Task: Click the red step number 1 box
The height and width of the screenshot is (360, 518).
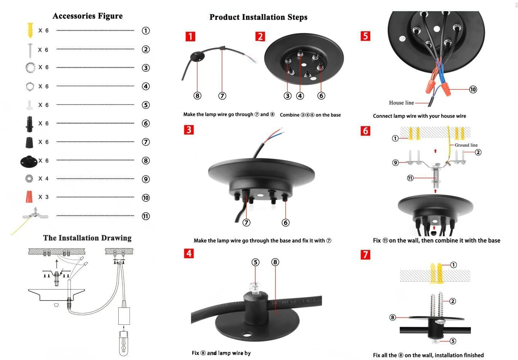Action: pos(190,36)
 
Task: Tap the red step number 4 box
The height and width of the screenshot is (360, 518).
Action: pos(189,254)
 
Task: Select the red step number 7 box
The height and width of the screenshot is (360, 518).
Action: pos(365,255)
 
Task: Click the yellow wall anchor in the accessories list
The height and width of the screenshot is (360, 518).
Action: pos(30,30)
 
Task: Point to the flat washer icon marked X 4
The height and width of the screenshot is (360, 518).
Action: pos(29,178)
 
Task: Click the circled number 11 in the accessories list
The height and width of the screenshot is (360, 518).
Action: pos(146,216)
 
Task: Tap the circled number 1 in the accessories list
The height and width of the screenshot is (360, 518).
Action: pos(146,31)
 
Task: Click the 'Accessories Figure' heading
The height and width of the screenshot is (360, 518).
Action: pos(87,16)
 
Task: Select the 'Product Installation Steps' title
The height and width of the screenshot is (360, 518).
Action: pos(258,17)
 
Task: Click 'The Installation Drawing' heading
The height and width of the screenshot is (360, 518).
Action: pos(87,238)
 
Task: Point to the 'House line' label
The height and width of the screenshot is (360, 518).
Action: pos(401,103)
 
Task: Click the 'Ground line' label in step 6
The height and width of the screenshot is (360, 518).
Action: pos(466,145)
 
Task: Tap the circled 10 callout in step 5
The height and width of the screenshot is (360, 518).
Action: pos(473,89)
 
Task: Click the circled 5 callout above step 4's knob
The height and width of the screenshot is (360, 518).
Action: pos(256,262)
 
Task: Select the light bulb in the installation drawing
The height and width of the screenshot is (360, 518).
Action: pos(124,343)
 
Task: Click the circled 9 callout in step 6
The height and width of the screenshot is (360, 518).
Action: pos(395,163)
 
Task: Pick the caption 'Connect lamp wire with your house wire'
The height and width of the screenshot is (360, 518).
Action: pos(419,116)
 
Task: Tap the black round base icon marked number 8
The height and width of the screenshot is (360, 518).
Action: pos(29,161)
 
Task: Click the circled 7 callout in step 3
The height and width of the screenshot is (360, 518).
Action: pos(246,223)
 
